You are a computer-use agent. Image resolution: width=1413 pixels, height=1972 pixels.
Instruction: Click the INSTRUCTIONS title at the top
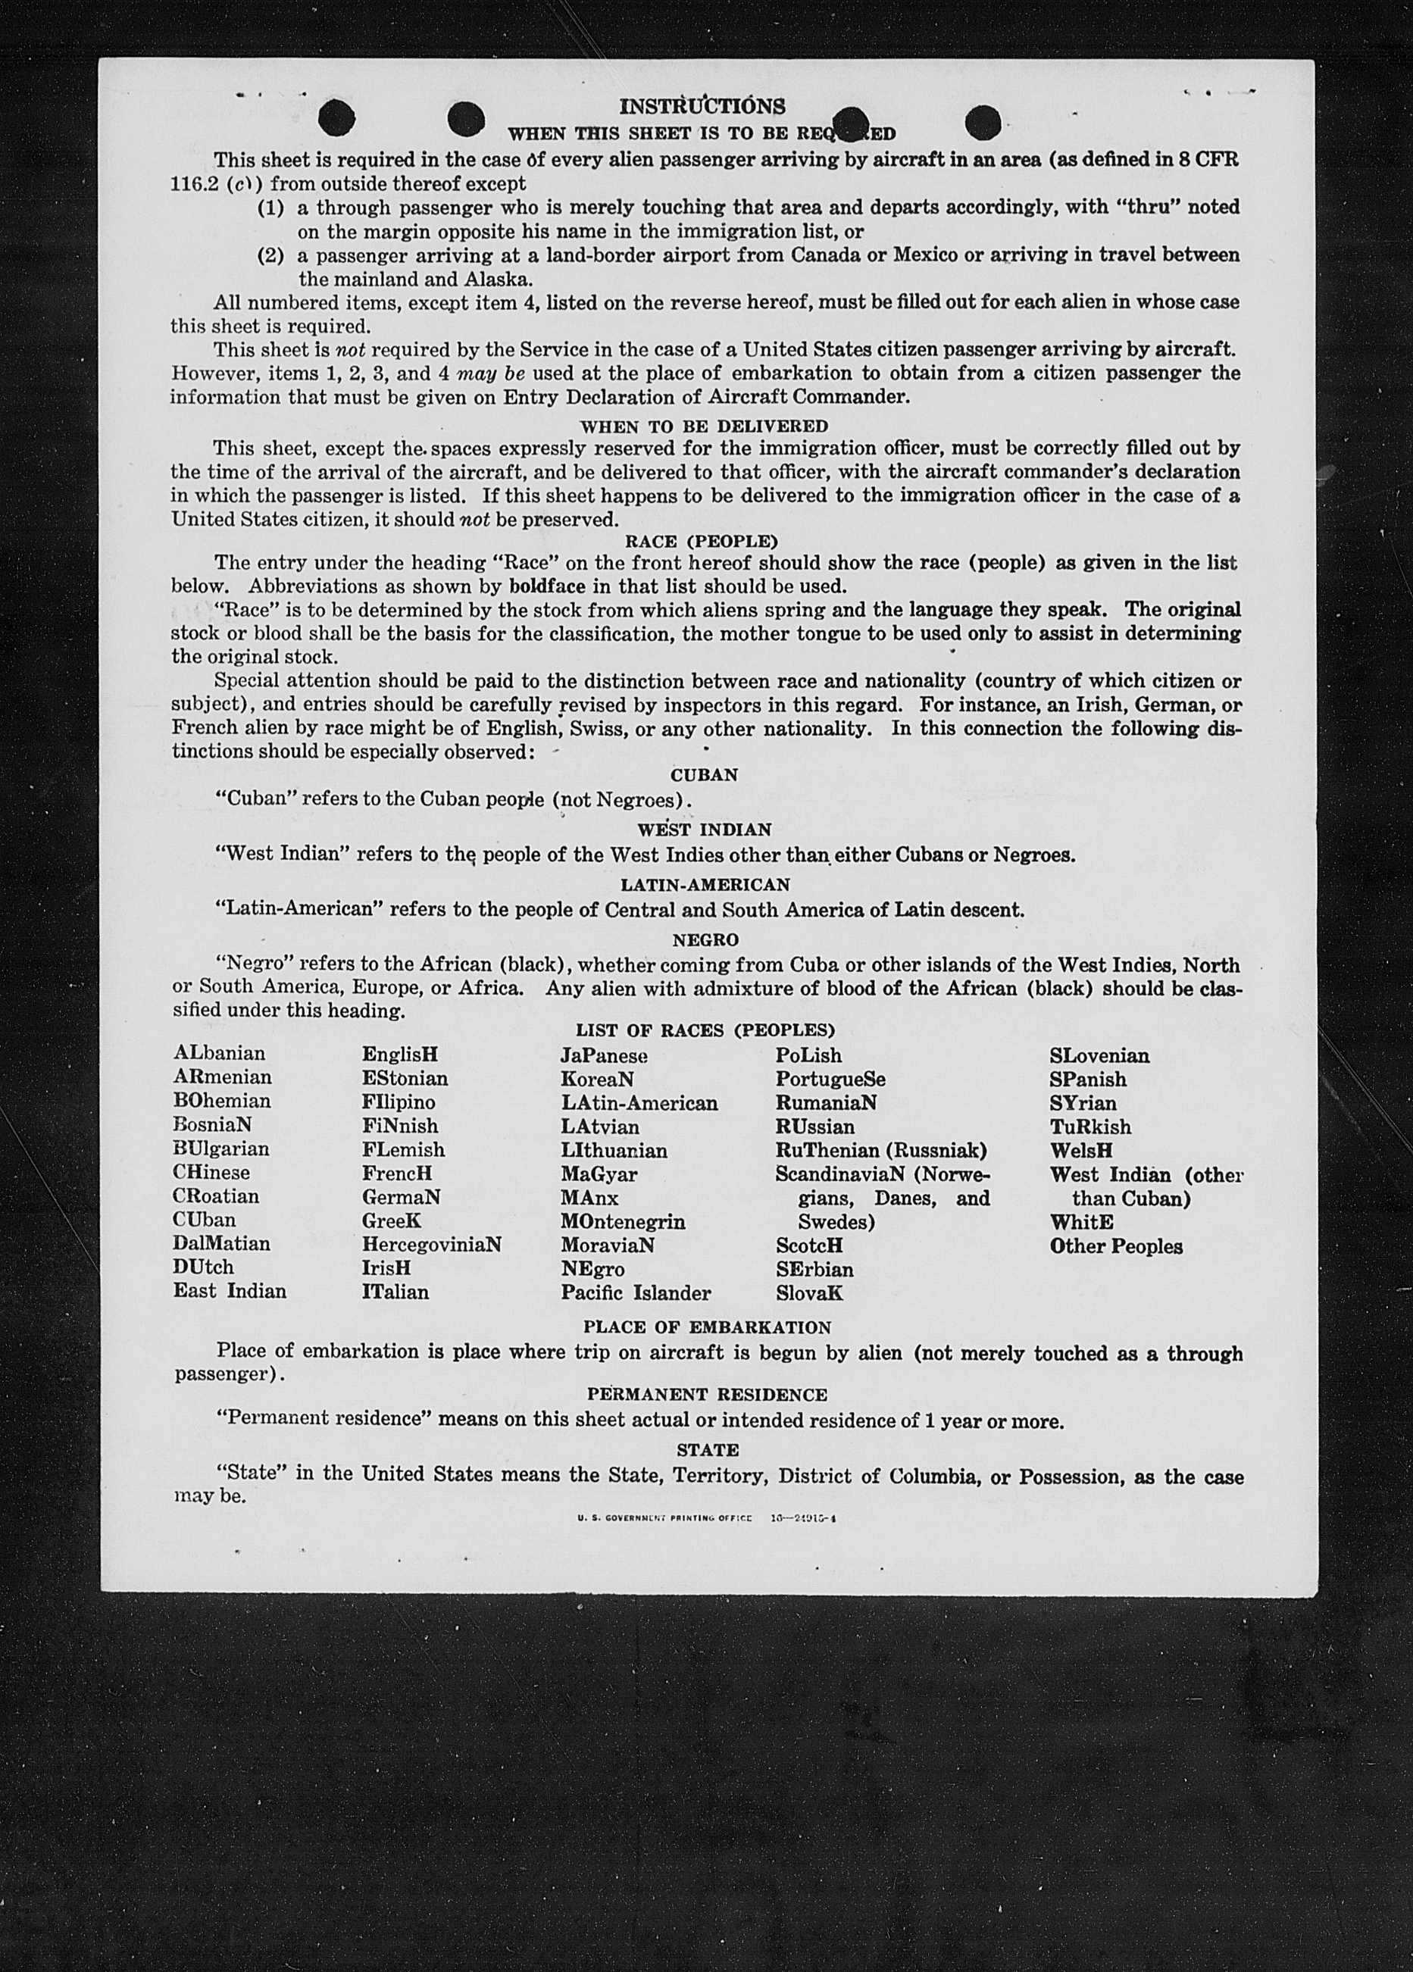click(702, 106)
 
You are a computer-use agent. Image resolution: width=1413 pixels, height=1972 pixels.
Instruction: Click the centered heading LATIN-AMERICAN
click(705, 884)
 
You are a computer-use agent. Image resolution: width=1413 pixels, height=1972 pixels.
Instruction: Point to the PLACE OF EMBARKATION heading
click(707, 1328)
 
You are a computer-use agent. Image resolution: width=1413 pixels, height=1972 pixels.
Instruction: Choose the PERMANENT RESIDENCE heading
click(707, 1395)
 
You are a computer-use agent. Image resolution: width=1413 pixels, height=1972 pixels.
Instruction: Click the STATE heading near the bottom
click(708, 1450)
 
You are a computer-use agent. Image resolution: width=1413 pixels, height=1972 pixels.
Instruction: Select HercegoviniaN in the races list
click(431, 1244)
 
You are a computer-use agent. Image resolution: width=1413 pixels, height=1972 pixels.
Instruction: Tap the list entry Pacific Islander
click(636, 1293)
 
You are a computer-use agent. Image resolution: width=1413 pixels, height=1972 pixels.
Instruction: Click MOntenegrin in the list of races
click(623, 1222)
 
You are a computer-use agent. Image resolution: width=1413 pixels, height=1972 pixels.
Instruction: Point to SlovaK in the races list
click(810, 1293)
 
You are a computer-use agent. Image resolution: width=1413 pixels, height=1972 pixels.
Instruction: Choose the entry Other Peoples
click(1115, 1246)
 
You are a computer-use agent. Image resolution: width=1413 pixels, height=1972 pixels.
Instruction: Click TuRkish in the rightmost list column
click(1090, 1127)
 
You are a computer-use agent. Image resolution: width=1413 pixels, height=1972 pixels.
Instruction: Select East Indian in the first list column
click(230, 1290)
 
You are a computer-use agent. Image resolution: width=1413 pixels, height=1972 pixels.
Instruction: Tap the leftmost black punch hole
click(336, 119)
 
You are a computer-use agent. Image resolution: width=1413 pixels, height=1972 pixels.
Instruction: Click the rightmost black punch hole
click(982, 122)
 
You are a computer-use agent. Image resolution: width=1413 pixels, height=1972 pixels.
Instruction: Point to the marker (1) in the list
click(270, 208)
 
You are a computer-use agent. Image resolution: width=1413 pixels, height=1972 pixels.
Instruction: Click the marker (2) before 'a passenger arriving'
click(270, 255)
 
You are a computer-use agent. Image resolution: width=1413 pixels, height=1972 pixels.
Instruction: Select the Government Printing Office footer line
click(706, 1518)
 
